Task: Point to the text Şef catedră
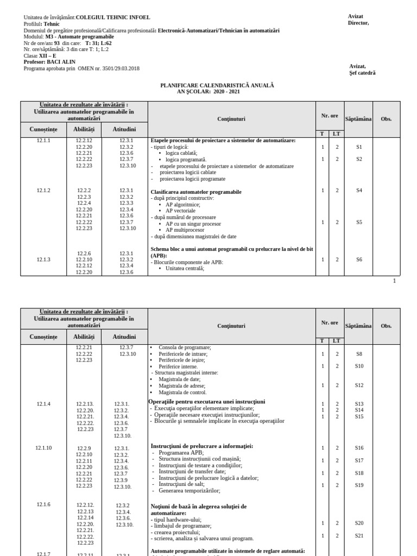click(x=363, y=73)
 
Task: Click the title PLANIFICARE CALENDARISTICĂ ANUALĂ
click(x=217, y=86)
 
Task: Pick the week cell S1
click(x=359, y=147)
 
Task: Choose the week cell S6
click(x=359, y=260)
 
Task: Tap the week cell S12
click(x=359, y=385)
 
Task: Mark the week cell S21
click(x=359, y=535)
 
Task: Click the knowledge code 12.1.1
click(x=43, y=141)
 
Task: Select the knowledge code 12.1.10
click(x=43, y=448)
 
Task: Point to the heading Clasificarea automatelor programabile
click(x=196, y=192)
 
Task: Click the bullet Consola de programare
click(x=185, y=347)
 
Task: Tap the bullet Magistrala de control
click(x=182, y=392)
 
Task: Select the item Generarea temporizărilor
click(x=189, y=490)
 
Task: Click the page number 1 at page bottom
click(x=394, y=281)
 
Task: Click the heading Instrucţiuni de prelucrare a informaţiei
click(x=201, y=446)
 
